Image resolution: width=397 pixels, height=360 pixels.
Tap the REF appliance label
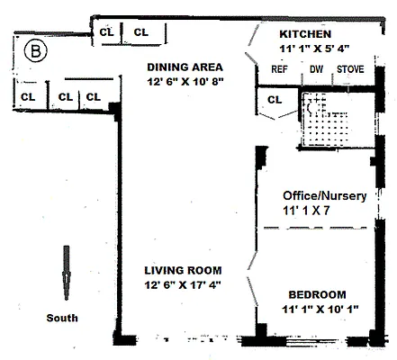coord(279,68)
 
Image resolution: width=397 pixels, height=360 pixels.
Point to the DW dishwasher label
coord(316,68)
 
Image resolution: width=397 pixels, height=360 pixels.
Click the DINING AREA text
coord(185,67)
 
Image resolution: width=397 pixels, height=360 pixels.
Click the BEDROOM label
coord(317,295)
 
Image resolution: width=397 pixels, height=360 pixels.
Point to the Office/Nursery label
coord(320,194)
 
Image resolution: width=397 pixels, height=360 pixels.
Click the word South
coord(63,318)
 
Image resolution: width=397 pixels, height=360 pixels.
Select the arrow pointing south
coord(66,274)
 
